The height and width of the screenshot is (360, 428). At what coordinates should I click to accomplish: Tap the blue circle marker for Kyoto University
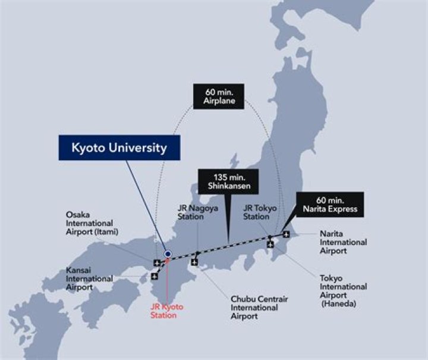(x=168, y=253)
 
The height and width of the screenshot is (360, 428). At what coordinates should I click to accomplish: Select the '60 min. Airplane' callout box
(x=218, y=96)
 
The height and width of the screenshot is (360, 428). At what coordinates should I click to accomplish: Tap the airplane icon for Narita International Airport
(x=287, y=234)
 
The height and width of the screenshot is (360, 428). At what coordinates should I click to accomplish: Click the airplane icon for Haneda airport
(x=270, y=244)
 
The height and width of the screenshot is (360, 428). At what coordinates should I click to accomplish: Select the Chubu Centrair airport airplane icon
(x=195, y=262)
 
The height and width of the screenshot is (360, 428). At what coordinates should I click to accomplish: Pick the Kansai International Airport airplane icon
(x=155, y=276)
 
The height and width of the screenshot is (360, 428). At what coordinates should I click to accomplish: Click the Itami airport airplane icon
(x=156, y=262)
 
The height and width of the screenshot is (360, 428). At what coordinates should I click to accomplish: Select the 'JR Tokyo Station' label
(x=256, y=212)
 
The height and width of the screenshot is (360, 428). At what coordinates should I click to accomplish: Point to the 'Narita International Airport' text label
(x=343, y=242)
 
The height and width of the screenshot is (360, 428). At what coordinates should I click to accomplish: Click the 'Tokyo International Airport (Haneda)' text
(x=343, y=290)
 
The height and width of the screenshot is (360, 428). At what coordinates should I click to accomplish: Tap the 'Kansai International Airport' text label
(x=89, y=278)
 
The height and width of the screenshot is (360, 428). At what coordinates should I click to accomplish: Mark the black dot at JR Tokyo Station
(x=270, y=237)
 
